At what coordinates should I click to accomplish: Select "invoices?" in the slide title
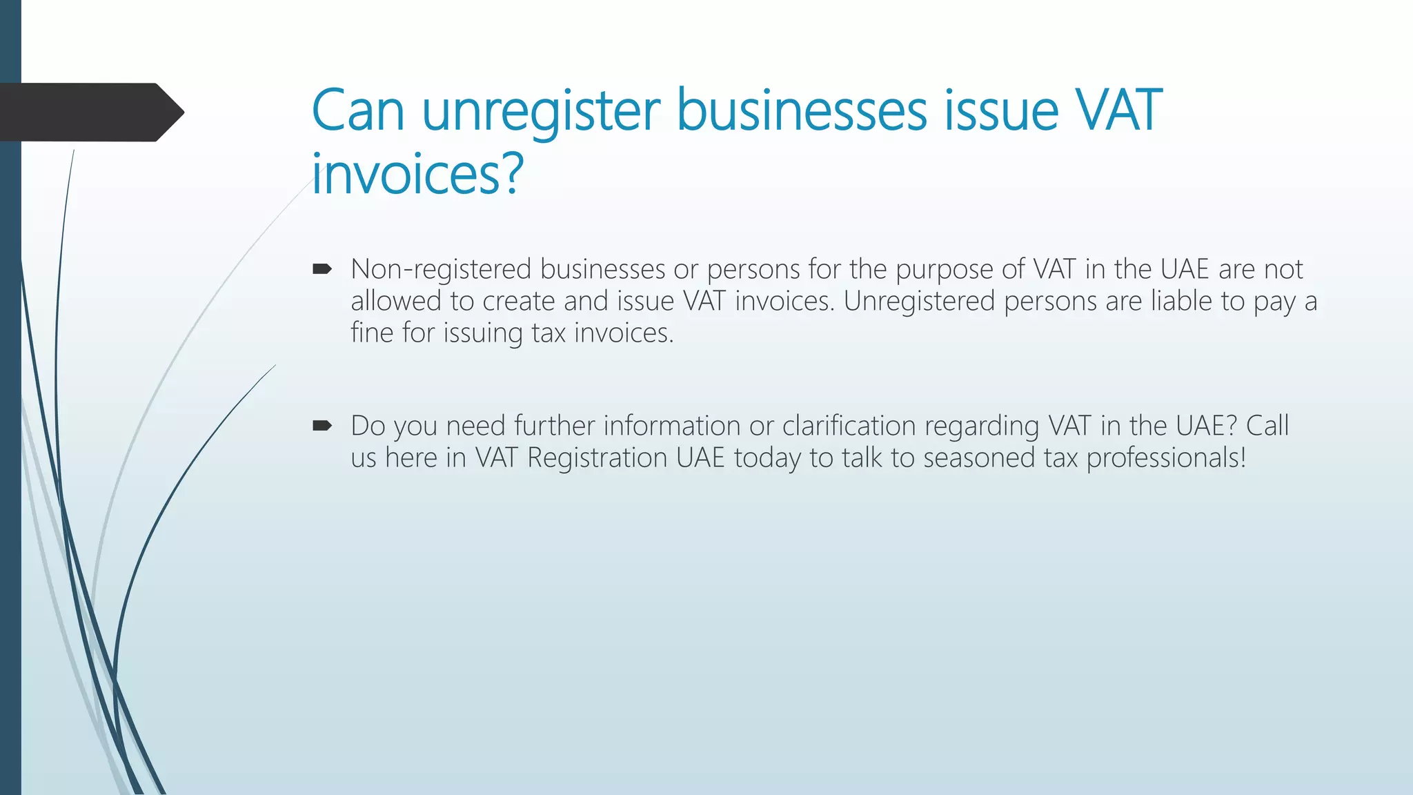417,174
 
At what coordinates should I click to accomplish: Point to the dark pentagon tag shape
90,112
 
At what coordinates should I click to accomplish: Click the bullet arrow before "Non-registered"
322,269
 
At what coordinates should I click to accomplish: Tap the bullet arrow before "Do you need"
322,426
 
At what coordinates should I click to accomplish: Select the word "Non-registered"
441,269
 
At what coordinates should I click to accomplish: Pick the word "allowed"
395,301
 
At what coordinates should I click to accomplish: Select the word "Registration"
597,458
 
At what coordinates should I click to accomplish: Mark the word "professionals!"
1166,458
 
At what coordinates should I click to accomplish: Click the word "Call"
1267,426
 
